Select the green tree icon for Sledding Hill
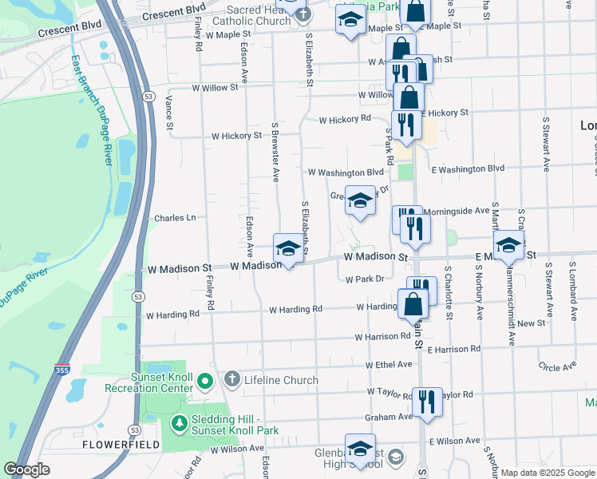click(x=180, y=423)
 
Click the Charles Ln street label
click(x=175, y=217)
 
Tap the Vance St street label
click(x=168, y=109)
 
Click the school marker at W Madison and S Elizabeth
click(x=288, y=248)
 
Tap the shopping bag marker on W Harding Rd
click(x=413, y=304)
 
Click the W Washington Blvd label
click(x=346, y=172)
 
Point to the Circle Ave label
click(x=557, y=367)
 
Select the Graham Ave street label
click(x=388, y=417)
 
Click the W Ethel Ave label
click(x=389, y=364)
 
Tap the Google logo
click(x=27, y=469)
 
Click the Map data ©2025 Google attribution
click(x=548, y=473)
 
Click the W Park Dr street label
click(x=366, y=279)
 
